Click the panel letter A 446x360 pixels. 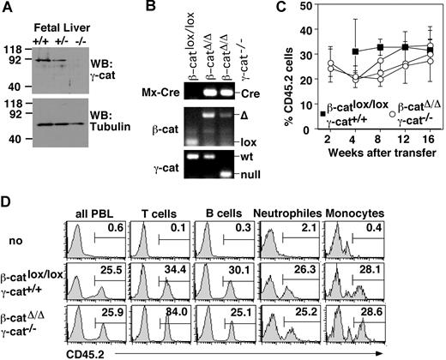(9, 9)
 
